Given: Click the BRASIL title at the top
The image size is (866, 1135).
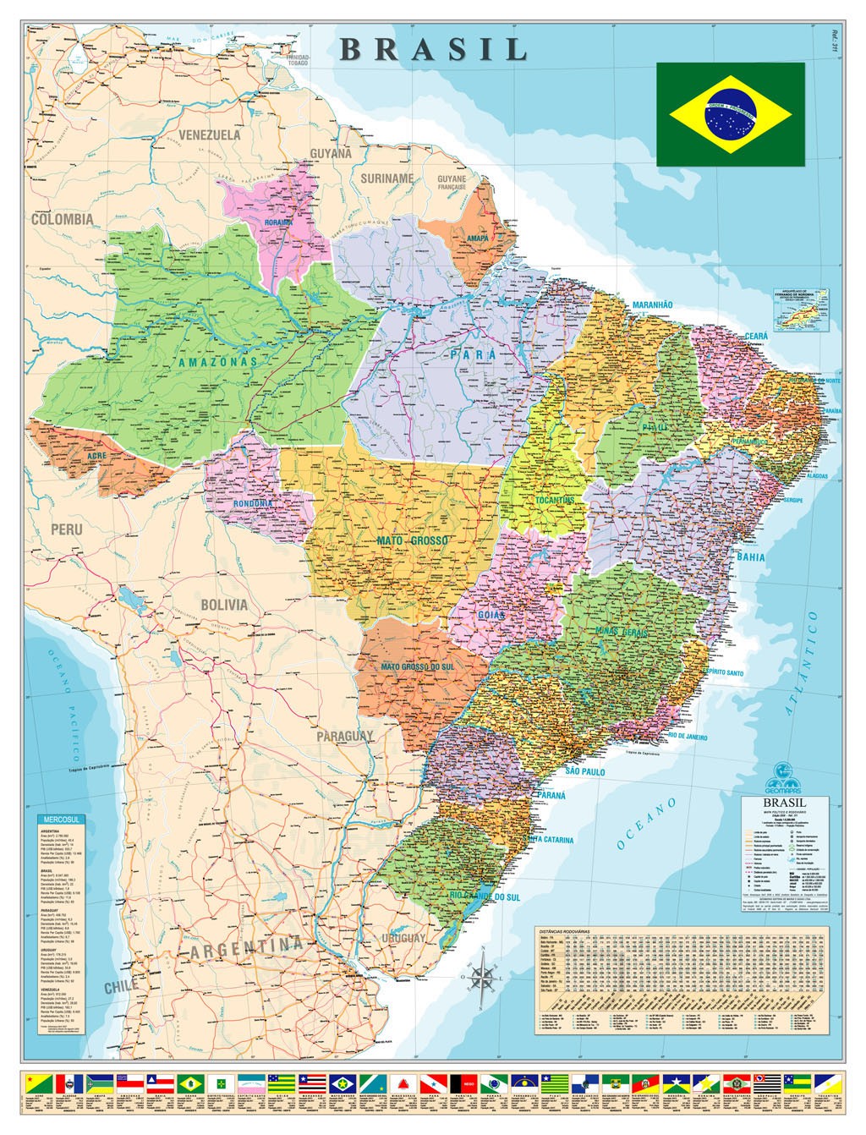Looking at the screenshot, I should pos(434,49).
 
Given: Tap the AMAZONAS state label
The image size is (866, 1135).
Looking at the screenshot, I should pos(218,362).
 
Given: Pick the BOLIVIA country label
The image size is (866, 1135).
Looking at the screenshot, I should pos(224,605).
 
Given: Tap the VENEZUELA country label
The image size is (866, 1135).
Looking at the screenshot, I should pos(210,134).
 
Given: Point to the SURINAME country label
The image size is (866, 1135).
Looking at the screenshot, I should pos(387,178).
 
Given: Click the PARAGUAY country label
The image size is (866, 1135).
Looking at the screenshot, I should pos(345,737).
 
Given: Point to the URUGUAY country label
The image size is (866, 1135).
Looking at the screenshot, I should pos(403,939).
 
